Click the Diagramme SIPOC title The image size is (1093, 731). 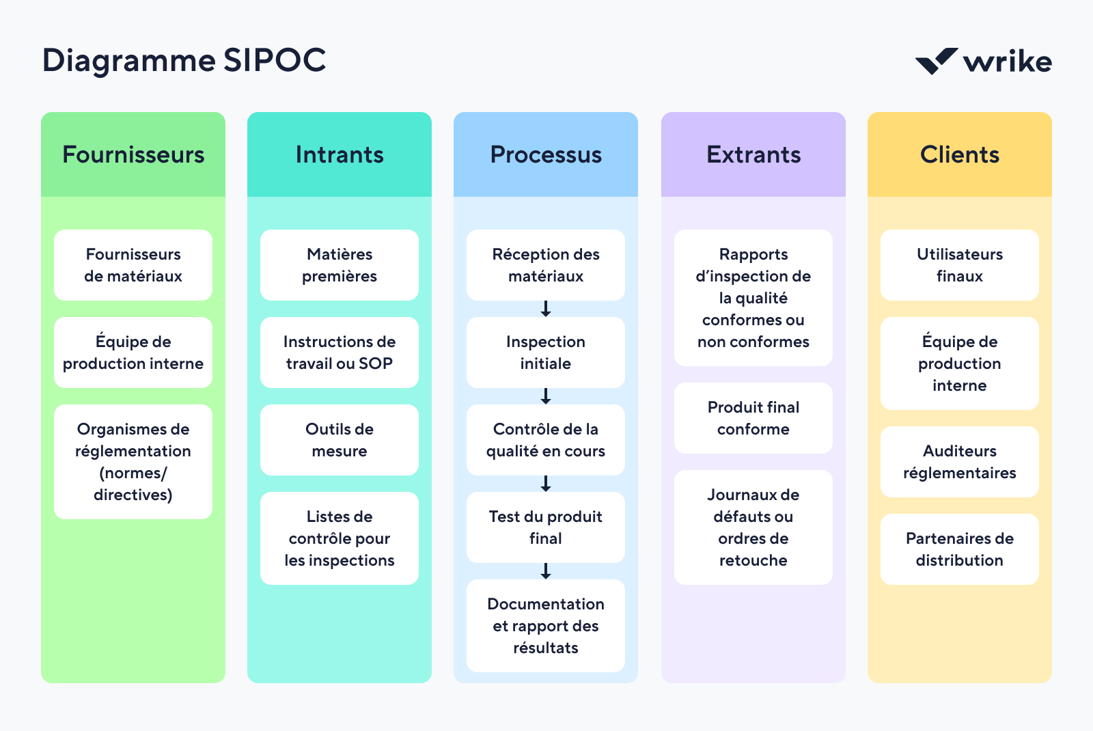coord(184,60)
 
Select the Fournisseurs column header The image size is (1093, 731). coord(133,155)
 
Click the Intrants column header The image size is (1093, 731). coord(340,155)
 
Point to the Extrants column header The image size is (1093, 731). coord(753,155)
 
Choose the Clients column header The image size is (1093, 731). coord(960,155)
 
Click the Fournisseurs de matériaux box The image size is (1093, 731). coord(133,265)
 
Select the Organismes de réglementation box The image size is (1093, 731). coord(133,462)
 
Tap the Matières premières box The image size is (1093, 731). coord(340,265)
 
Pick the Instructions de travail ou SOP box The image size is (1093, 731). coord(340,353)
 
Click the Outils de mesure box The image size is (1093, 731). coord(340,440)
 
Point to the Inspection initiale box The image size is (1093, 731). coord(546,353)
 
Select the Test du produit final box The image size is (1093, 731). coord(546,527)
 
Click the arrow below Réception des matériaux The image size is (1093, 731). coord(546,309)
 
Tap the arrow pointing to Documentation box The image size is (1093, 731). coord(546,571)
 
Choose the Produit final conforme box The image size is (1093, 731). coord(753,418)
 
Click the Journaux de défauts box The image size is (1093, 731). coord(753,527)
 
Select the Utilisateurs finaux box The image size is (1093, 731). coord(960,265)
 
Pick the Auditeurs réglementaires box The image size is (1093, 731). coord(960,462)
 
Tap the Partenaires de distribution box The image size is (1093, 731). coord(960,549)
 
